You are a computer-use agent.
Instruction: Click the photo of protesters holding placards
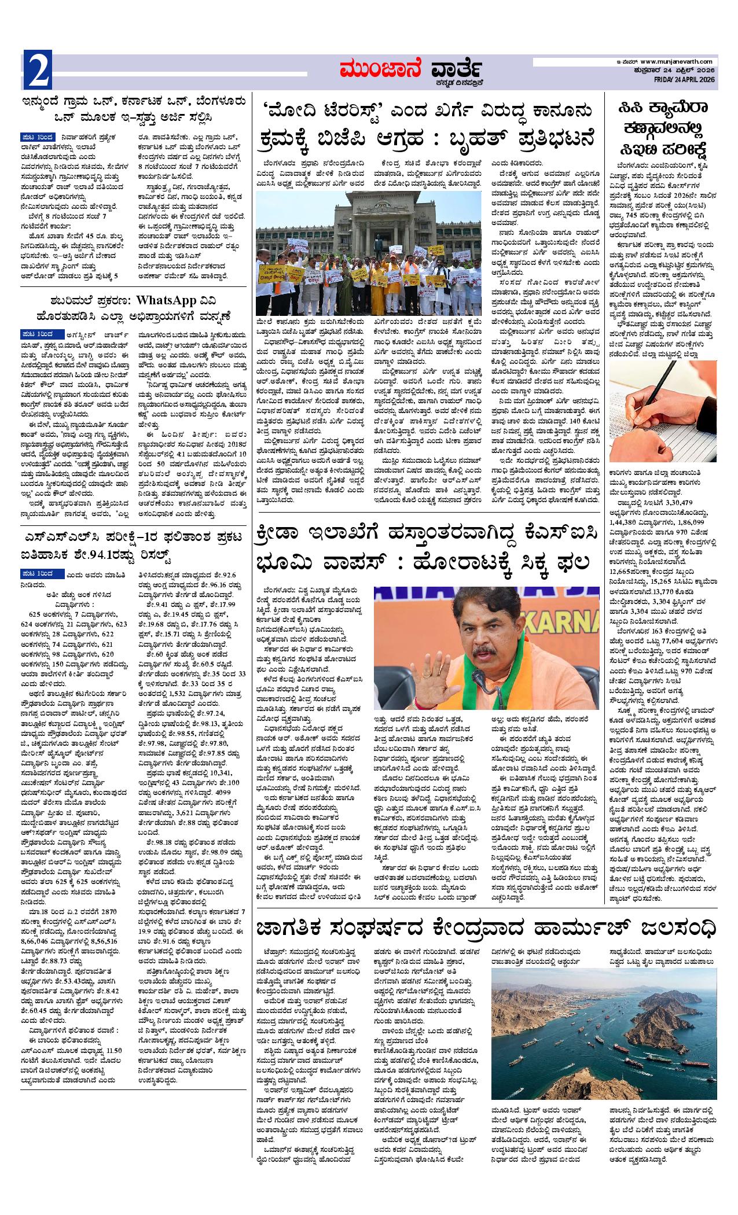pos(368,253)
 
